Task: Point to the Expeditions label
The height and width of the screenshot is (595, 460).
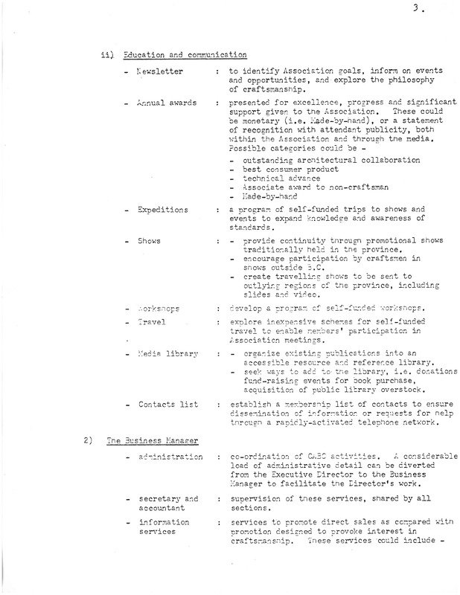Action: [x=163, y=210]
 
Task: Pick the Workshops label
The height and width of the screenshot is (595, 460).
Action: [x=162, y=309]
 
